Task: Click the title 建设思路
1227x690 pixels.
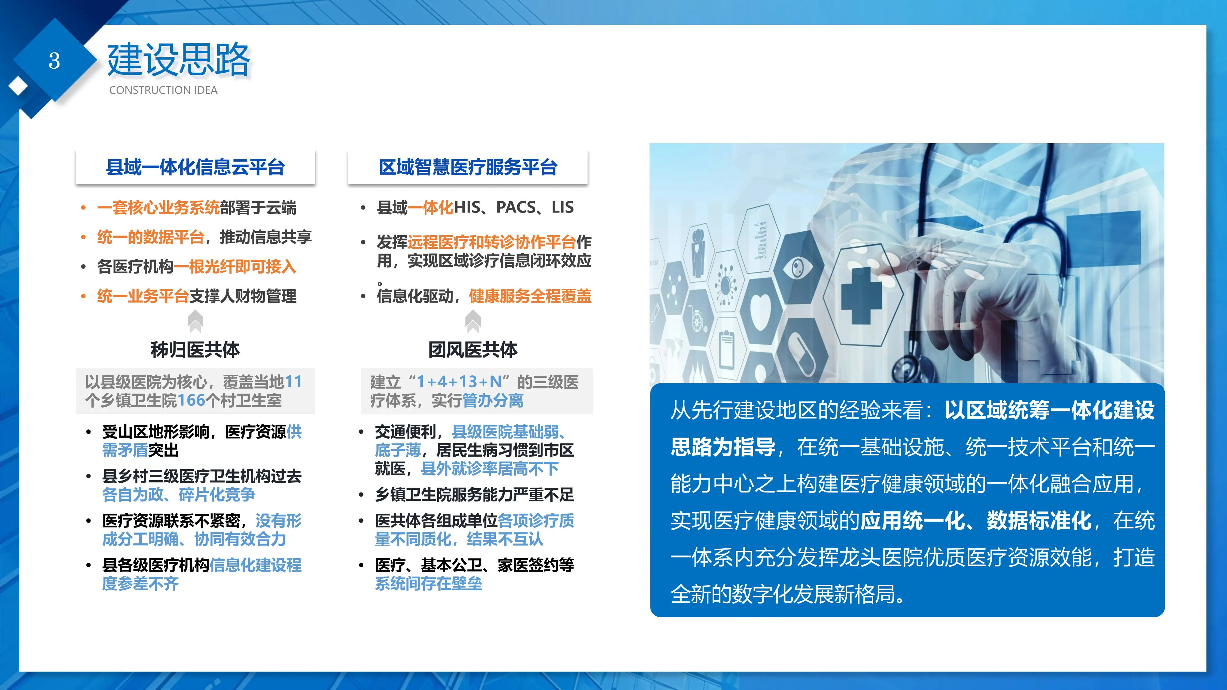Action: pyautogui.click(x=179, y=60)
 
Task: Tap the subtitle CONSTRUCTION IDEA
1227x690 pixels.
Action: pyautogui.click(x=163, y=90)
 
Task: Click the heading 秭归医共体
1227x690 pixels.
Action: pyautogui.click(x=195, y=350)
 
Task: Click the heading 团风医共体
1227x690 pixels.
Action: pyautogui.click(x=473, y=350)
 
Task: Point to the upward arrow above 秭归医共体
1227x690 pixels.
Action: pyautogui.click(x=195, y=321)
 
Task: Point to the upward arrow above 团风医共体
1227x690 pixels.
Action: pyautogui.click(x=473, y=321)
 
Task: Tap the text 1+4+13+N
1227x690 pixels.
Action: pyautogui.click(x=459, y=382)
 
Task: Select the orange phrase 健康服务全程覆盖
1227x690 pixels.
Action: pyautogui.click(x=530, y=296)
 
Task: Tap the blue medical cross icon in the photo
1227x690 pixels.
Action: pyautogui.click(x=861, y=295)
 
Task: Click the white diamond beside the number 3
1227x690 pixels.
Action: pyautogui.click(x=18, y=86)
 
